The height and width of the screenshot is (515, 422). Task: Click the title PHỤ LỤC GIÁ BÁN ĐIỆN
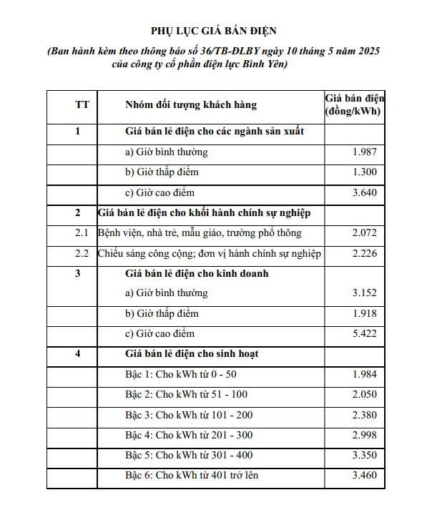click(212, 31)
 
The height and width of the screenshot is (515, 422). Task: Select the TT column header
click(82, 104)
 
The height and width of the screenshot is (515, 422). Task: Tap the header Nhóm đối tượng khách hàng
click(190, 104)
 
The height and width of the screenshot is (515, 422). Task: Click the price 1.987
click(364, 152)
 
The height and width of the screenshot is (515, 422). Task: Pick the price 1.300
click(364, 172)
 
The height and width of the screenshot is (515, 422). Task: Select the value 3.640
click(364, 192)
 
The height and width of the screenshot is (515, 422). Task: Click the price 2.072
click(364, 233)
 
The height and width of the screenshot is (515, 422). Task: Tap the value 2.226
click(364, 253)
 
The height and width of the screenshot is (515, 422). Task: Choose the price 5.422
click(364, 333)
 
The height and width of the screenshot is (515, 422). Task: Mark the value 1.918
click(364, 313)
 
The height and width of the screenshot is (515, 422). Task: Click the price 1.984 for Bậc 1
click(364, 375)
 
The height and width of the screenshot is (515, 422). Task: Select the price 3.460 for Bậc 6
click(364, 475)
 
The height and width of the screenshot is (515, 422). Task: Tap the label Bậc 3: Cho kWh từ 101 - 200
click(189, 415)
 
